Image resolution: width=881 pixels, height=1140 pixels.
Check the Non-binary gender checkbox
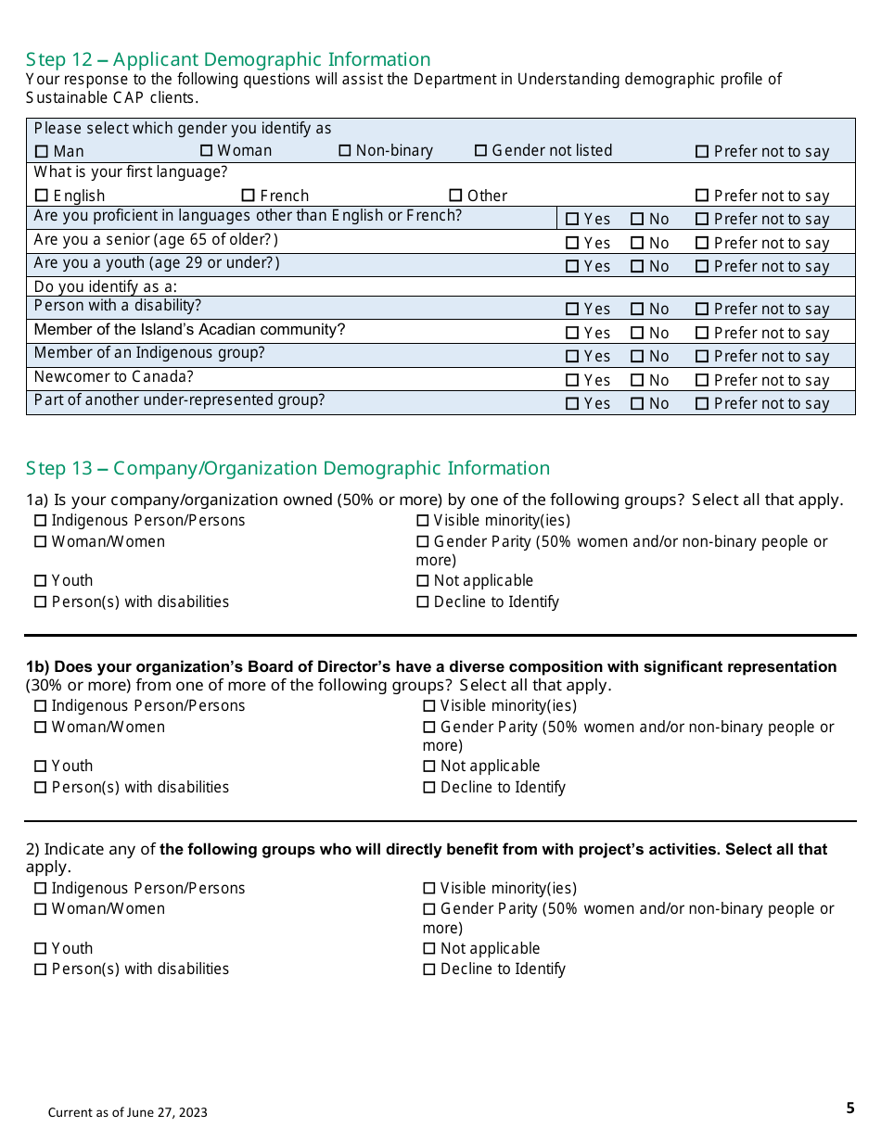345,151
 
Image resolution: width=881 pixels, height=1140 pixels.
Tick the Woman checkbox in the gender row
207,151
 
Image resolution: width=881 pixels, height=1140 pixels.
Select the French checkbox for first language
248,196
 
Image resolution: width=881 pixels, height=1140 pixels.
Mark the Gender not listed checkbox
480,151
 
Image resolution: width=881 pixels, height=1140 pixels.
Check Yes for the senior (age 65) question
572,243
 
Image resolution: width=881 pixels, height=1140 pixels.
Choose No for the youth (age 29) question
637,267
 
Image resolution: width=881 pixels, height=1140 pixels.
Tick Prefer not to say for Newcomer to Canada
702,380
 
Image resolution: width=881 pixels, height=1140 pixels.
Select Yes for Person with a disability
572,310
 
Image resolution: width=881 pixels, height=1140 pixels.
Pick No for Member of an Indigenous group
637,357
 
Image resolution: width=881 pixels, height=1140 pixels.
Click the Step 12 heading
228,59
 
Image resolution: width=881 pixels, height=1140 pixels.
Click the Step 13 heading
287,468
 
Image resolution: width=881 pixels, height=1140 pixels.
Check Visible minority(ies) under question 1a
423,521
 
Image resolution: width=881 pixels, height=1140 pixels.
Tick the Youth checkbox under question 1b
40,766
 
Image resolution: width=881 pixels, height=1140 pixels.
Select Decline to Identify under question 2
429,969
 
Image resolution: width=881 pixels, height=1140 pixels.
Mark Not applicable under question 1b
429,766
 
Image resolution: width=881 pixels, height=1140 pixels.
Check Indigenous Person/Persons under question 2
40,889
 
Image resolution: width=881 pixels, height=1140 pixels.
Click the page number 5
850,1108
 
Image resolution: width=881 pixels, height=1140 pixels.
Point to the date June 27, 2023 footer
128,1112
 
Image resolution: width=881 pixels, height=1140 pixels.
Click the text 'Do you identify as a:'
106,286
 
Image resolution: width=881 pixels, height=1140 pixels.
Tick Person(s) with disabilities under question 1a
40,602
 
